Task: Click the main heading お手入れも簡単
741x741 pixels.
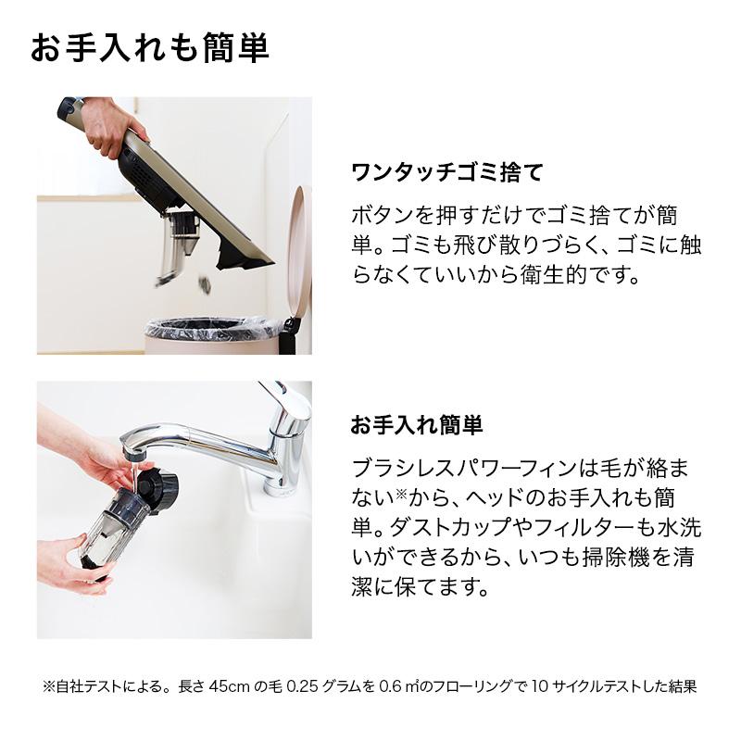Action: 149,48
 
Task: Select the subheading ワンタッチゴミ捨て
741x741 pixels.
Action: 446,172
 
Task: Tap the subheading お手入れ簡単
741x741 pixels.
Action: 417,425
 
